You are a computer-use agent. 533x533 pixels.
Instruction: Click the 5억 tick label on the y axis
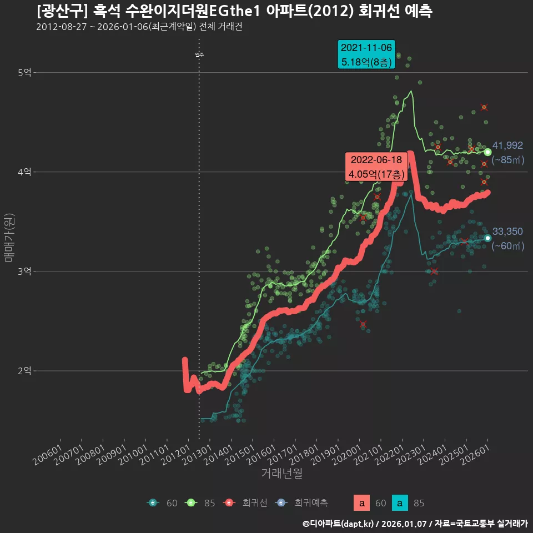tap(24, 73)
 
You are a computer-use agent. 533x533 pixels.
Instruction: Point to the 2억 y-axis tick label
tap(24, 371)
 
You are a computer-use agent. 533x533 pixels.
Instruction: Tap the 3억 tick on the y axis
tap(24, 271)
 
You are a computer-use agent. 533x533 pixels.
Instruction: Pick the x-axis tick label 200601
tap(49, 451)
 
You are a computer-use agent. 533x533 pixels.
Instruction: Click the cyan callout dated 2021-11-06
tap(366, 54)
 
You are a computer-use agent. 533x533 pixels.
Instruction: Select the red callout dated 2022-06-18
tap(376, 167)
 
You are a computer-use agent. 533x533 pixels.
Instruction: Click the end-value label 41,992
tap(507, 145)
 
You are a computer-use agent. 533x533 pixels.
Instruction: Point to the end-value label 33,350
tap(507, 232)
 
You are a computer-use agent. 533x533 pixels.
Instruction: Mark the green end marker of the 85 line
tap(487, 152)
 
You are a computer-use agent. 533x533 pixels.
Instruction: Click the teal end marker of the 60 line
tap(487, 238)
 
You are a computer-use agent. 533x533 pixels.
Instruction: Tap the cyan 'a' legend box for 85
tap(400, 503)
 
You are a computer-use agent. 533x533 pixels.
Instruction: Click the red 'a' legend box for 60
tap(362, 503)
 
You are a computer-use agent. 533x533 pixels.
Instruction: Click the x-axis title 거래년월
tap(281, 474)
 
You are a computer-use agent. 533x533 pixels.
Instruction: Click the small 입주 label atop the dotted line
tap(199, 54)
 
